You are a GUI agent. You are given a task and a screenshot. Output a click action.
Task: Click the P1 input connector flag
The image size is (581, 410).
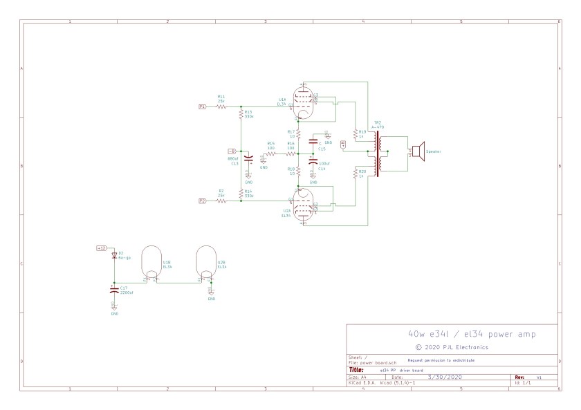[x=202, y=107]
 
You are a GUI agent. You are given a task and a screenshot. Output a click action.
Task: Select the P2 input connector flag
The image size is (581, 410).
[x=202, y=201]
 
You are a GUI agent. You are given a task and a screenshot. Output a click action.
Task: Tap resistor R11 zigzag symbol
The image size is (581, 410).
[x=221, y=107]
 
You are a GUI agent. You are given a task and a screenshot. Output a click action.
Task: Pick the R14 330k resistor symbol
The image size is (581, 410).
[x=241, y=194]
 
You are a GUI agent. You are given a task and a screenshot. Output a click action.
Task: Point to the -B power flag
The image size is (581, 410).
[x=232, y=151]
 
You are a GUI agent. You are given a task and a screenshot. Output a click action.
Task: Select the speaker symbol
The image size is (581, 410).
[x=417, y=151]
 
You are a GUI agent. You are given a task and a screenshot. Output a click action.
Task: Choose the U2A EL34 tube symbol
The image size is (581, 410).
[x=304, y=206]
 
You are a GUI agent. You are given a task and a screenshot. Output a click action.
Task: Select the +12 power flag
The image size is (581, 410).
[x=101, y=248]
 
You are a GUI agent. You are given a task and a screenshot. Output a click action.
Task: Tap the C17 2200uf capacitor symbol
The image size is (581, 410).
[x=114, y=290]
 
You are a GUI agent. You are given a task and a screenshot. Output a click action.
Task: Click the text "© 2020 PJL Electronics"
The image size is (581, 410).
[x=452, y=346]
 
